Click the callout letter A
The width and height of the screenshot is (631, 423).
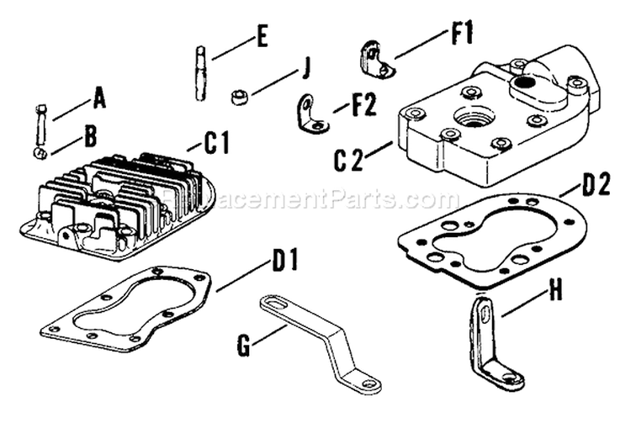[x=99, y=100]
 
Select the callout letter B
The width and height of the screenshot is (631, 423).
[x=88, y=135]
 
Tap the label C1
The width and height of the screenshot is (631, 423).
[x=215, y=144]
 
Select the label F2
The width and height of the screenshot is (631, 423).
[x=364, y=107]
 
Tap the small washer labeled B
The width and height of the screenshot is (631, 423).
[x=40, y=152]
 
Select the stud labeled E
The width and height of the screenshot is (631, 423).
[x=202, y=74]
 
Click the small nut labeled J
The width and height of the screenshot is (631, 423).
[x=239, y=95]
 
